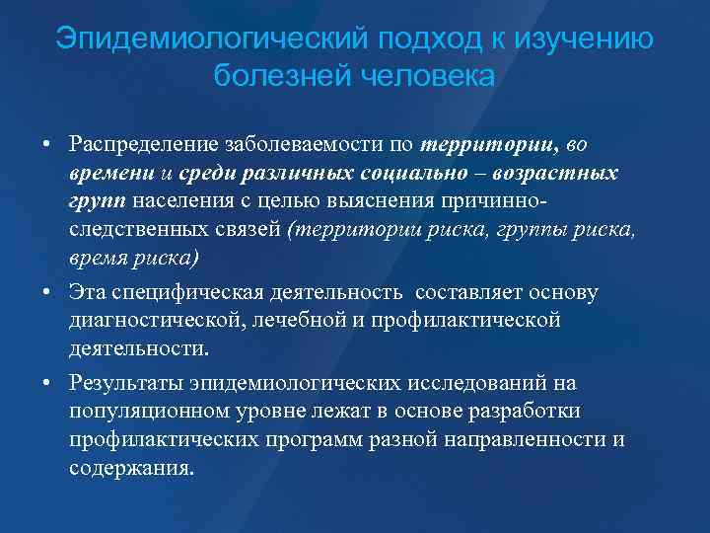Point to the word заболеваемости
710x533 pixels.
coord(305,145)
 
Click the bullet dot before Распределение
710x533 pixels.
coord(47,145)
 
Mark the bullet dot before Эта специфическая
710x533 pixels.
coord(47,293)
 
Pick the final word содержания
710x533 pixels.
coord(131,467)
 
